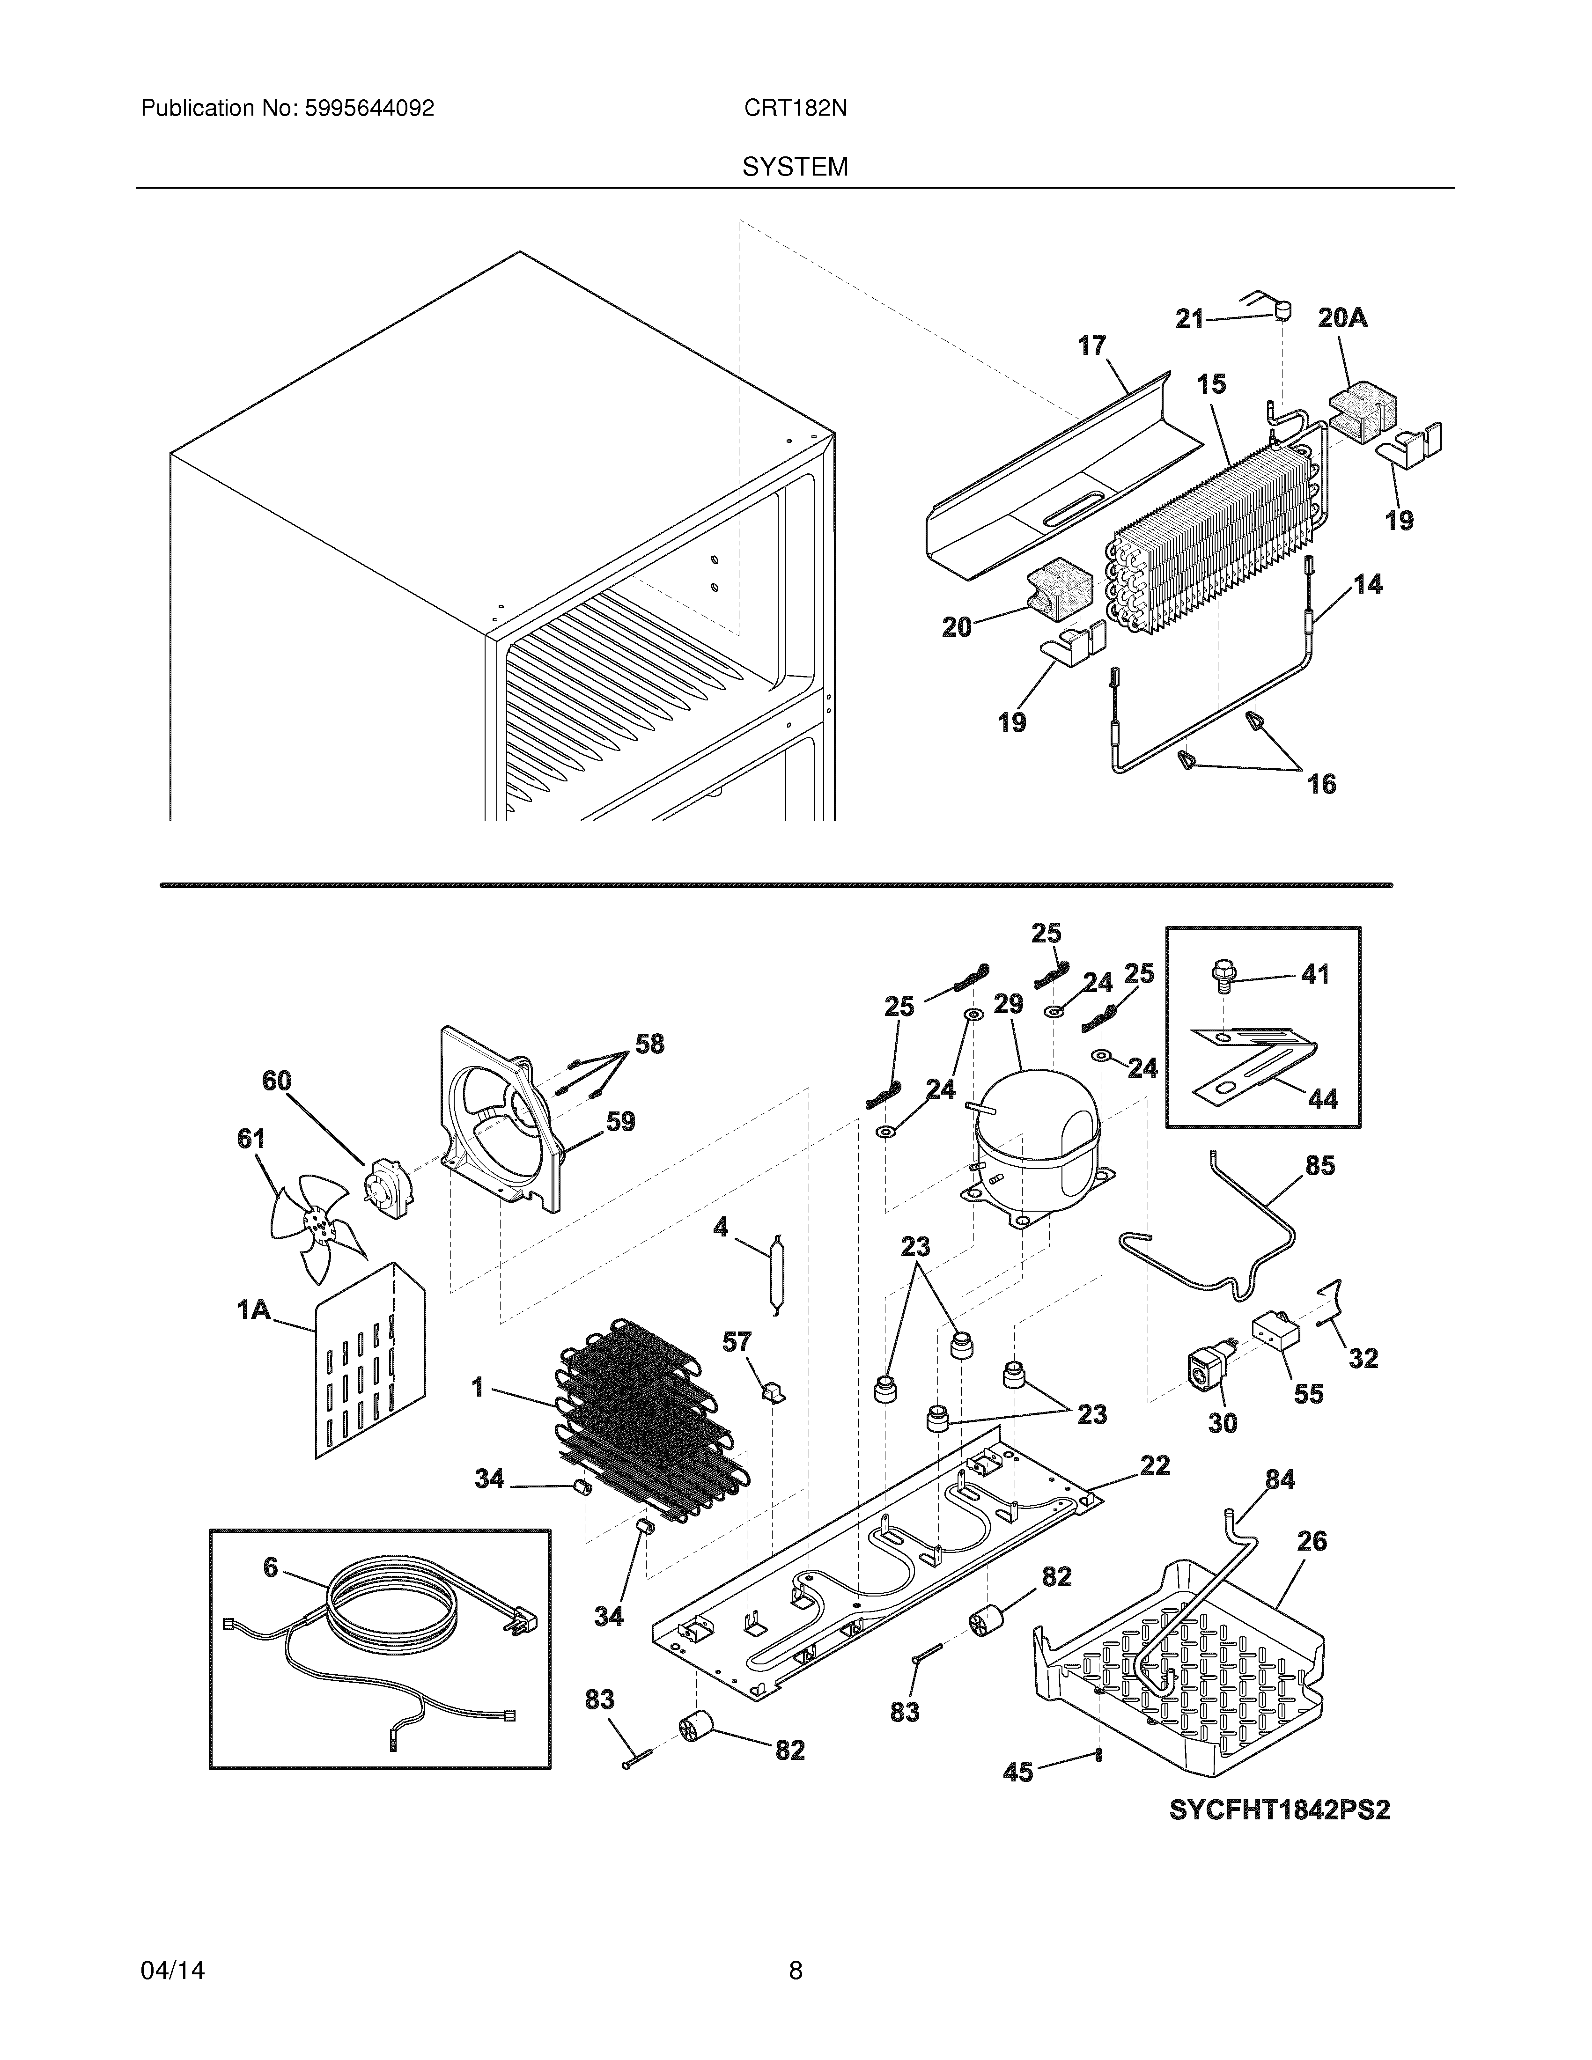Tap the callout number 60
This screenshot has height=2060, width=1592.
[276, 1081]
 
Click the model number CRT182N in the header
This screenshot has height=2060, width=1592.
[795, 109]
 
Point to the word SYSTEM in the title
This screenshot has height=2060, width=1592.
[795, 167]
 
